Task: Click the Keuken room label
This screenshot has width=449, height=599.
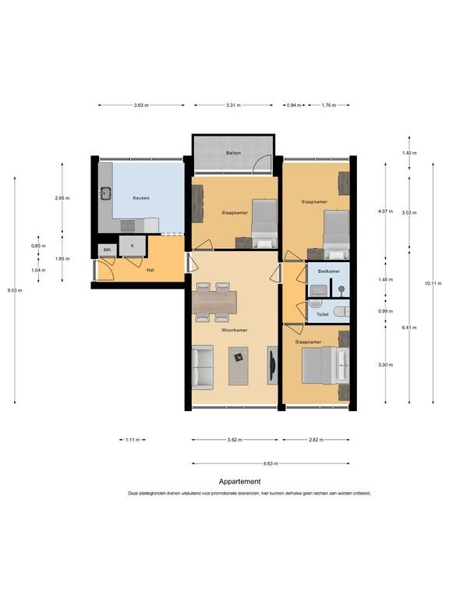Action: (x=141, y=198)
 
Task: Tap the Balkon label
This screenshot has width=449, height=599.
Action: (x=233, y=153)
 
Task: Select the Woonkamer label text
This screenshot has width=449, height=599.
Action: (x=235, y=330)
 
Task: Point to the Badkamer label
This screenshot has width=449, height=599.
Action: (x=329, y=271)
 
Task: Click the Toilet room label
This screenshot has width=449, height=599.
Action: (x=323, y=314)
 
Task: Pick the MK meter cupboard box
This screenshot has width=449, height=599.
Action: (x=108, y=250)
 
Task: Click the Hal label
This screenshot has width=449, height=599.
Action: (x=150, y=270)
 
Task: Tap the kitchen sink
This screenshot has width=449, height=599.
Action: (x=105, y=193)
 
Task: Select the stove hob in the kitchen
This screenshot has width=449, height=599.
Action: (x=128, y=225)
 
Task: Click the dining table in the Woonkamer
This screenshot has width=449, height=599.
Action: (x=214, y=302)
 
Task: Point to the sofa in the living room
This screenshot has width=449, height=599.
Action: (x=203, y=367)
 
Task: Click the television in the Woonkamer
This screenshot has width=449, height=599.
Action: (x=272, y=365)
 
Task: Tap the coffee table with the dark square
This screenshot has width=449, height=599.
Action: (x=239, y=366)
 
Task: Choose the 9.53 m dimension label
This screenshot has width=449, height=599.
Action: (x=15, y=290)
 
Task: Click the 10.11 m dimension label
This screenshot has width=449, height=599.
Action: (x=433, y=283)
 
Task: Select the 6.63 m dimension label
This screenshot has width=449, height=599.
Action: (x=270, y=463)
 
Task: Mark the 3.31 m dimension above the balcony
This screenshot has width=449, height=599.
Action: (x=233, y=105)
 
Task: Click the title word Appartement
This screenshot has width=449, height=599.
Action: (x=240, y=481)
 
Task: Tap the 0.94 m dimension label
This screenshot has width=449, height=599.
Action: (x=294, y=105)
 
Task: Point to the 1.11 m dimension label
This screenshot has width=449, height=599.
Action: (x=133, y=440)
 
